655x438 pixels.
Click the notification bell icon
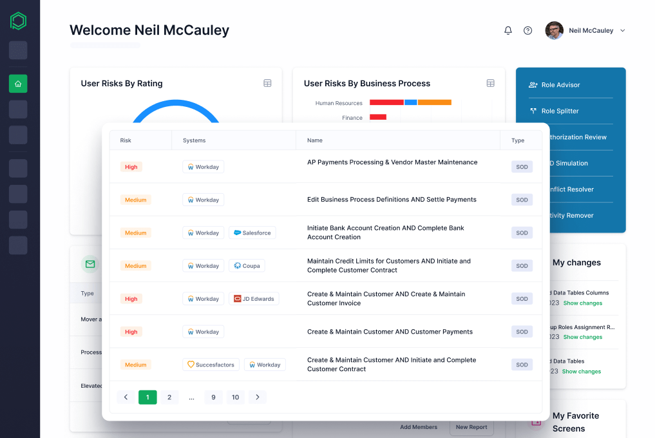click(508, 30)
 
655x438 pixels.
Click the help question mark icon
click(528, 30)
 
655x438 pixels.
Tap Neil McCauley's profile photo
click(554, 30)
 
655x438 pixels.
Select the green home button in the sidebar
click(18, 84)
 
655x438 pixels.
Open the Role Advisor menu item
click(560, 85)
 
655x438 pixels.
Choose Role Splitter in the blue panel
click(560, 111)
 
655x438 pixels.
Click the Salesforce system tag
click(252, 233)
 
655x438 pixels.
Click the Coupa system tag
click(247, 265)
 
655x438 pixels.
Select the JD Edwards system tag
click(254, 299)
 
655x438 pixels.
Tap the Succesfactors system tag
click(211, 365)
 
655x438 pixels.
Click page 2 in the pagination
click(169, 397)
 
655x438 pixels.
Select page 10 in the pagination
click(236, 397)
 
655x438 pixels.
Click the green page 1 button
click(147, 397)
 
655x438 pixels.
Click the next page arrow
click(258, 397)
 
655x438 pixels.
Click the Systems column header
click(195, 140)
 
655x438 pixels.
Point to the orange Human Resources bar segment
click(434, 102)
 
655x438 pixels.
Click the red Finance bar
click(378, 117)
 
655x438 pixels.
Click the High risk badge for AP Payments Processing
click(131, 167)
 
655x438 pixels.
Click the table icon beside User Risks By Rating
click(267, 83)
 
